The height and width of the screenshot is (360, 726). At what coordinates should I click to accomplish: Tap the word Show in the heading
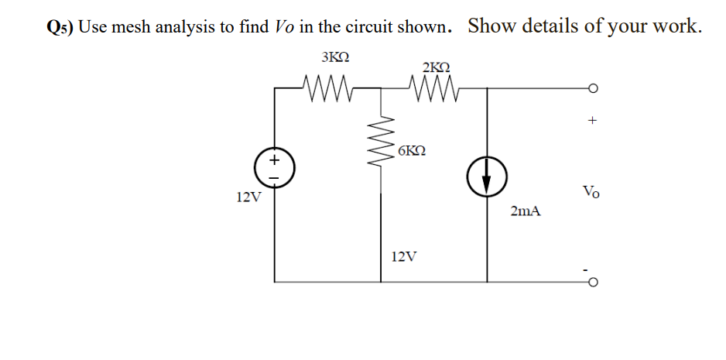(494, 26)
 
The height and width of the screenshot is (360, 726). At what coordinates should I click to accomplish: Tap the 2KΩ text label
(437, 67)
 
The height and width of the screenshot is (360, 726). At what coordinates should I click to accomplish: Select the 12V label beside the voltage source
(248, 197)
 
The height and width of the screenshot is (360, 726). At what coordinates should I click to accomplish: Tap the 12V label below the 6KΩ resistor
(406, 256)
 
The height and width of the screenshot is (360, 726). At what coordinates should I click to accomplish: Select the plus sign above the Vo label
(591, 121)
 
